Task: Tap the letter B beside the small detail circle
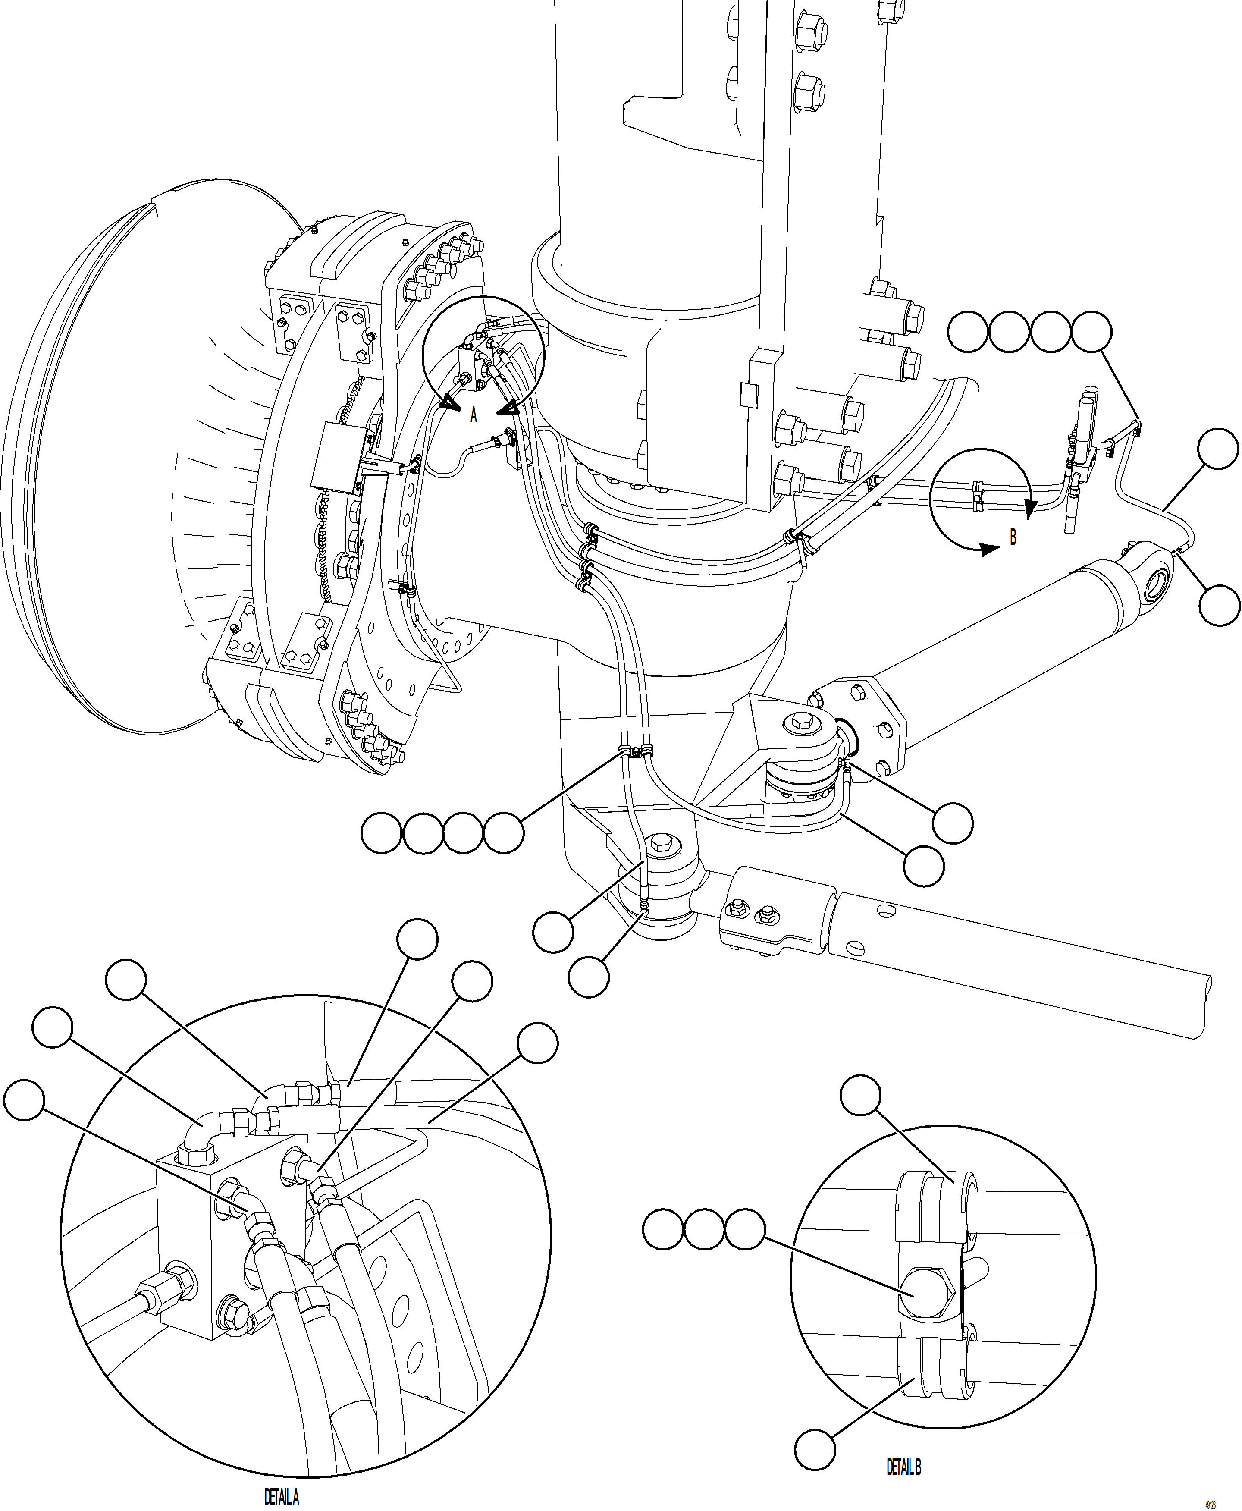click(x=1012, y=537)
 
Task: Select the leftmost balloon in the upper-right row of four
click(x=967, y=331)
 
